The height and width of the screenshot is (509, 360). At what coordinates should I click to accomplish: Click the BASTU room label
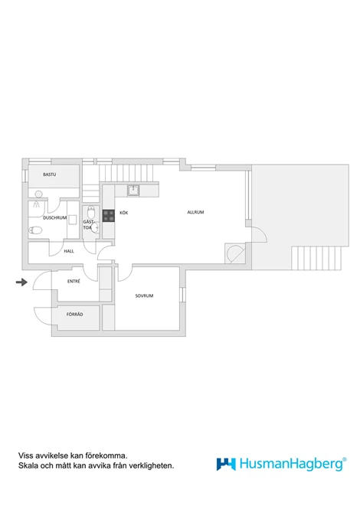pyautogui.click(x=49, y=175)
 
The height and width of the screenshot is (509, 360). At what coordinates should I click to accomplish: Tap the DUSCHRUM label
pyautogui.click(x=54, y=218)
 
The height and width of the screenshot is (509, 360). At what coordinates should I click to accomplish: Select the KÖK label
pyautogui.click(x=124, y=213)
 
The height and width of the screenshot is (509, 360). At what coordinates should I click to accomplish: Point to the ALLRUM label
pyautogui.click(x=195, y=212)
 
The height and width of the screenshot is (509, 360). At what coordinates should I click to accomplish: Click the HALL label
pyautogui.click(x=69, y=251)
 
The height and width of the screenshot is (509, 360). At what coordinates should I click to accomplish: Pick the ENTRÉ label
pyautogui.click(x=74, y=282)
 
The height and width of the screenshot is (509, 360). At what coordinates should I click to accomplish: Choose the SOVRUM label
pyautogui.click(x=144, y=295)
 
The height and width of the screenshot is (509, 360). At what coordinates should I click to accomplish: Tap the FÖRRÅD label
pyautogui.click(x=75, y=315)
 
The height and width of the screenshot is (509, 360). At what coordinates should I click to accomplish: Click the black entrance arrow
pyautogui.click(x=21, y=282)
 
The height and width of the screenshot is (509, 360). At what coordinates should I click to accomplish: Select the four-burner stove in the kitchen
pyautogui.click(x=109, y=216)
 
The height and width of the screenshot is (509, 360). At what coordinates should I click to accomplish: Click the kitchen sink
pyautogui.click(x=133, y=191)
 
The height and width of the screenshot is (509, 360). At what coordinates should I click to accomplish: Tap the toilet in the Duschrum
pyautogui.click(x=35, y=230)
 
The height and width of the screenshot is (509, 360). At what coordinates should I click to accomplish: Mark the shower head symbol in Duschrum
pyautogui.click(x=36, y=204)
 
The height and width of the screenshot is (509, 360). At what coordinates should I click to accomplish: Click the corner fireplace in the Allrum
pyautogui.click(x=235, y=253)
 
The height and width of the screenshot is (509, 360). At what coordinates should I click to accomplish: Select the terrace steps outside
pyautogui.click(x=316, y=258)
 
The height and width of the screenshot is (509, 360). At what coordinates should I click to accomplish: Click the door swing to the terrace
pyautogui.click(x=259, y=233)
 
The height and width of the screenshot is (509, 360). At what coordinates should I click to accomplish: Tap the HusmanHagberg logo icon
pyautogui.click(x=226, y=464)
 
